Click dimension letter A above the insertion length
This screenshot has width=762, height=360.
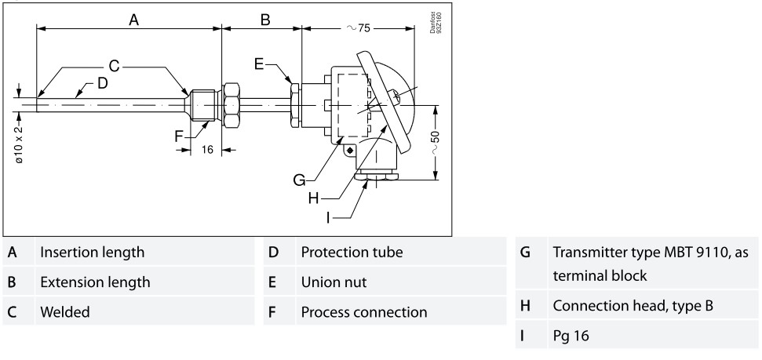click(134, 20)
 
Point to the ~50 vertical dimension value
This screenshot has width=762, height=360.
click(436, 141)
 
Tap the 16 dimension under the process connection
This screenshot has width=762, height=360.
click(206, 150)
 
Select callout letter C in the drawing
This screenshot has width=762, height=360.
click(114, 65)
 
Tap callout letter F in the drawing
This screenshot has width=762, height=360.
click(179, 135)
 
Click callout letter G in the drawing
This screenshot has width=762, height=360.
click(300, 180)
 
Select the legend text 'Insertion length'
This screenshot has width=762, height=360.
click(92, 253)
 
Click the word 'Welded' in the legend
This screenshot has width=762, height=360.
click(65, 311)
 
